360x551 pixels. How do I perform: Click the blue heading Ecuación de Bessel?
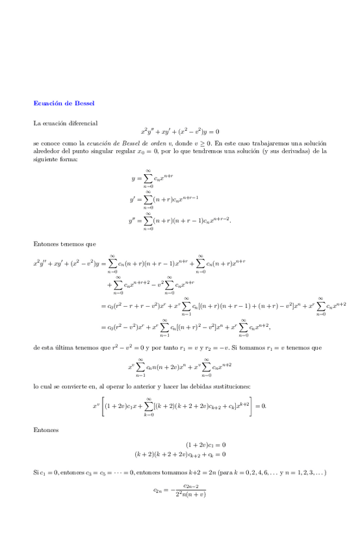pyautogui.click(x=64, y=103)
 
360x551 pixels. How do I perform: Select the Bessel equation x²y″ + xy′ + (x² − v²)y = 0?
pyautogui.click(x=180, y=131)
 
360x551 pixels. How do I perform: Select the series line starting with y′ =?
pyautogui.click(x=164, y=199)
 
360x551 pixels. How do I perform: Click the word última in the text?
pyautogui.click(x=65, y=348)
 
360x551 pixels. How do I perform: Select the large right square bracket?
pyautogui.click(x=250, y=407)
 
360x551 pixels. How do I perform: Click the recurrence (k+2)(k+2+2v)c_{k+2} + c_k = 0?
pyautogui.click(x=180, y=454)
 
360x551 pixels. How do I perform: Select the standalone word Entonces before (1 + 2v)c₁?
pyautogui.click(x=45, y=429)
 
